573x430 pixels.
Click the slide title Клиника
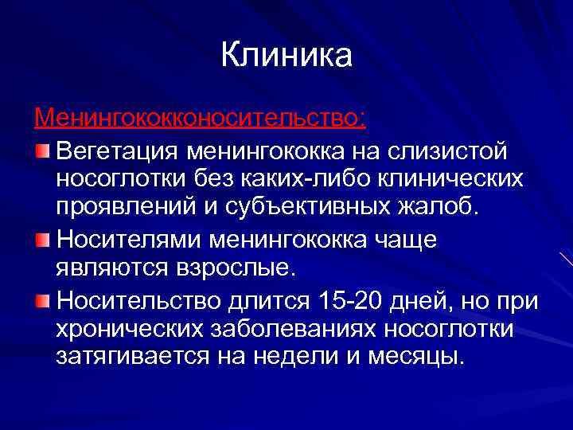click(286, 56)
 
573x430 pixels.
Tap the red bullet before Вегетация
click(43, 150)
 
